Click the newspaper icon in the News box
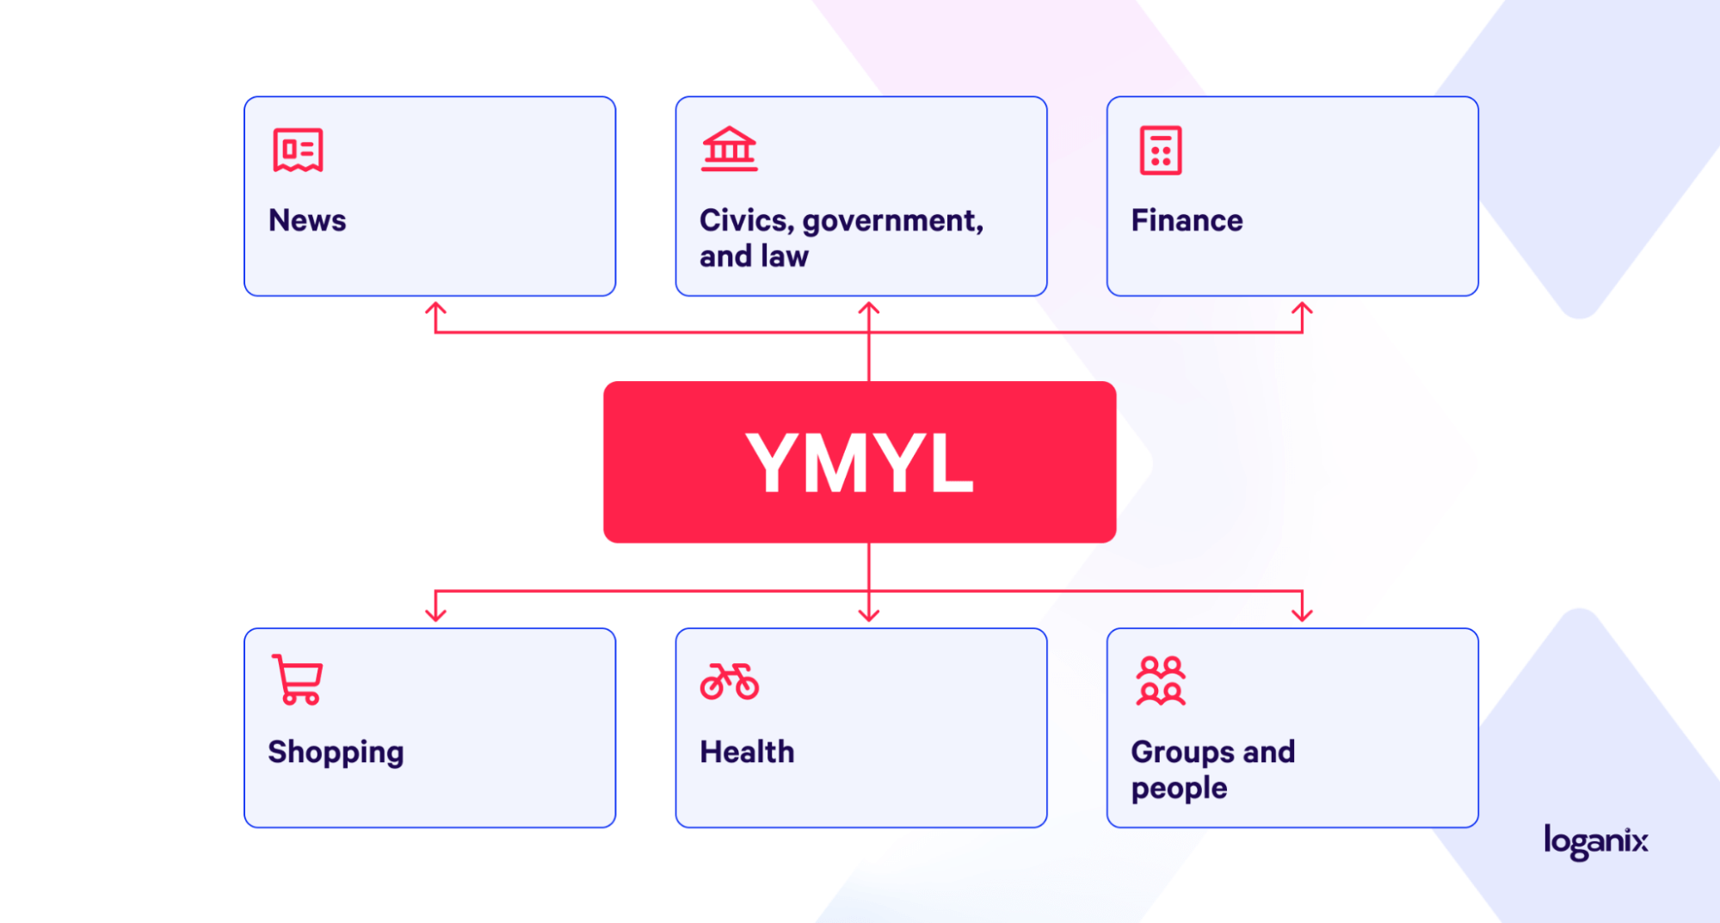[298, 151]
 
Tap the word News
[307, 220]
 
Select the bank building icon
[729, 149]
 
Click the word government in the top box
[893, 222]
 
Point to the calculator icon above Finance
[1161, 151]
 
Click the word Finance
[1187, 220]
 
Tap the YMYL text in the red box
[860, 463]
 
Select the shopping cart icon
[297, 680]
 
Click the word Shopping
[336, 753]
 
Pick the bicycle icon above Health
[730, 681]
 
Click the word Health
[747, 752]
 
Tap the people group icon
[1161, 680]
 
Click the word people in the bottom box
[1179, 789]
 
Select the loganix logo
[1596, 841]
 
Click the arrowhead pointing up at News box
[436, 307]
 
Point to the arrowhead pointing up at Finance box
[1302, 307]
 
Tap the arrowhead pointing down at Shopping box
[436, 615]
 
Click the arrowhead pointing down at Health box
[869, 615]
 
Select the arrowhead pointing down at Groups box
[1302, 615]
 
